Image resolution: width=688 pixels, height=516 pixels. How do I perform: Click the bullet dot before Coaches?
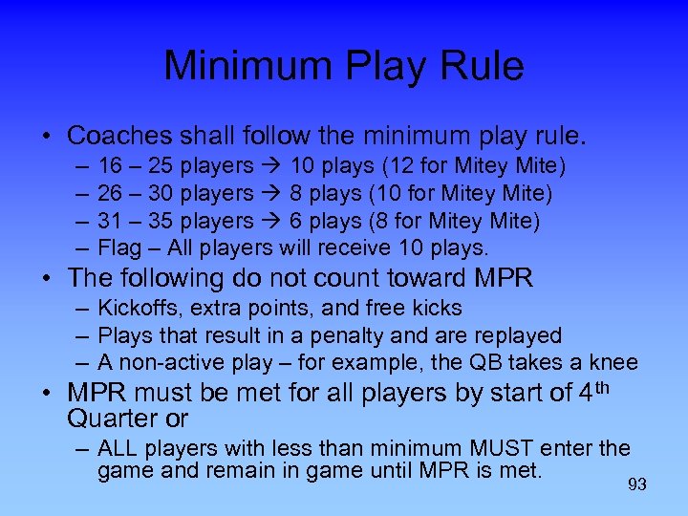(x=47, y=135)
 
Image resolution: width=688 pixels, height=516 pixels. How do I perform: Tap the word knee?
(x=613, y=363)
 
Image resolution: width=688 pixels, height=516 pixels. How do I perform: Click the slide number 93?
(x=637, y=484)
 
